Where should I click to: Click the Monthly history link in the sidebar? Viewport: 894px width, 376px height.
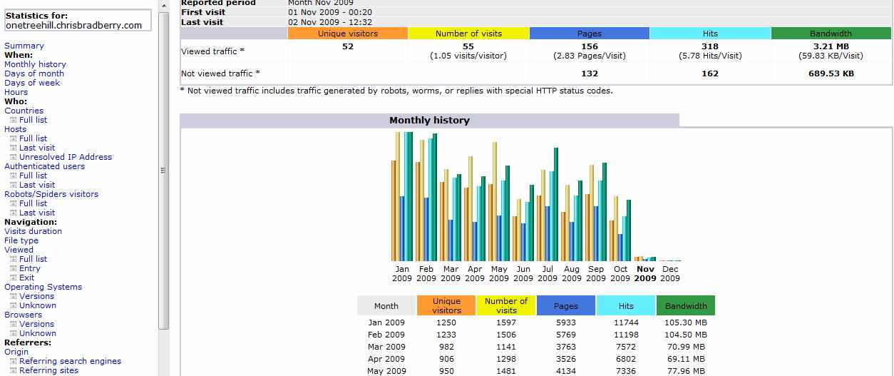click(35, 64)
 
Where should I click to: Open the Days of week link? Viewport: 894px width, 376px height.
click(32, 83)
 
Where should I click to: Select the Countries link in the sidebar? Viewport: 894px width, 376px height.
click(24, 111)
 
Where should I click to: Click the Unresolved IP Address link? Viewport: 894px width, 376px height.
click(66, 157)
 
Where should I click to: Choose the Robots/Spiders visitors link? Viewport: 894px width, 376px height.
click(51, 194)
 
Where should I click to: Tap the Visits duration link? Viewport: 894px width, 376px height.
click(33, 231)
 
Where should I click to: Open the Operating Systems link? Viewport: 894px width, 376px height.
click(43, 287)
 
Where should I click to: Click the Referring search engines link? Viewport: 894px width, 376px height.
click(70, 361)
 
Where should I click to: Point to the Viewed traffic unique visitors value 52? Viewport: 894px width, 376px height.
click(347, 47)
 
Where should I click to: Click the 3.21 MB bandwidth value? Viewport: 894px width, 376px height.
click(831, 47)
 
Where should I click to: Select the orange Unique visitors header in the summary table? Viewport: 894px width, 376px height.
click(348, 34)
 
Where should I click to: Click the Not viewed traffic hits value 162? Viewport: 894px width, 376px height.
click(709, 73)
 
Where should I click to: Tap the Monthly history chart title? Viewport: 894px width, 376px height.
click(429, 121)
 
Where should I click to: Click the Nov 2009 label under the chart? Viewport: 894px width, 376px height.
click(644, 274)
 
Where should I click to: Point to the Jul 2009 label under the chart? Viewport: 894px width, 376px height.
click(548, 274)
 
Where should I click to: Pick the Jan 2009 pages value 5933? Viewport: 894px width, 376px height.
click(565, 322)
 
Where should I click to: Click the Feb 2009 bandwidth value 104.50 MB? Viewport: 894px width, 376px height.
click(685, 335)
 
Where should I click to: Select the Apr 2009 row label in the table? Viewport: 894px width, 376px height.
click(386, 359)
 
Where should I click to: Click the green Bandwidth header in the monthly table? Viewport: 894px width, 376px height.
click(685, 306)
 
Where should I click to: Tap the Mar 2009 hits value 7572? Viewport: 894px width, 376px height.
click(626, 347)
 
